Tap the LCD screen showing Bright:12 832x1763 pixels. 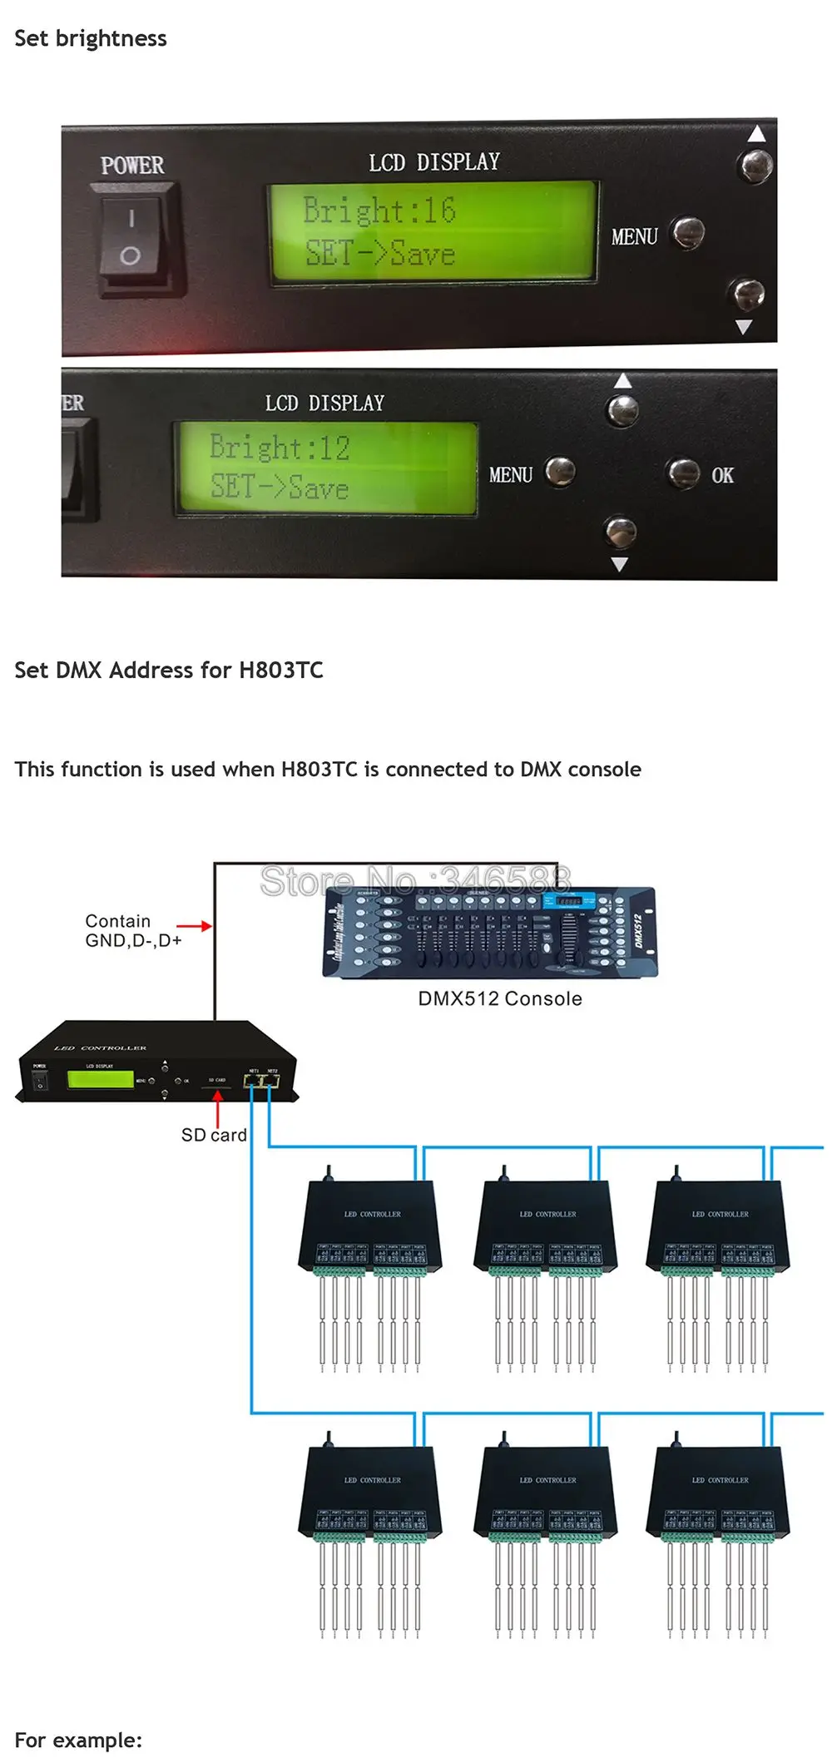click(325, 468)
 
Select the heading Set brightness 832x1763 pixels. click(91, 39)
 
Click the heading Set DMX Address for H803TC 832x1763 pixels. click(169, 670)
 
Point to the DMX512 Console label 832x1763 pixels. click(499, 998)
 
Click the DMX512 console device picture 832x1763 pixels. click(490, 931)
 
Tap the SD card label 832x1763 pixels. click(214, 1135)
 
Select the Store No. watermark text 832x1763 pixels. click(415, 880)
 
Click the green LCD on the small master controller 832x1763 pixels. click(100, 1079)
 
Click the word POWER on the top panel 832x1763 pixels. click(132, 166)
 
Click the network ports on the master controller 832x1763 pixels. click(261, 1081)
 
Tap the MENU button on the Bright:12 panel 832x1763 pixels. click(560, 471)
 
